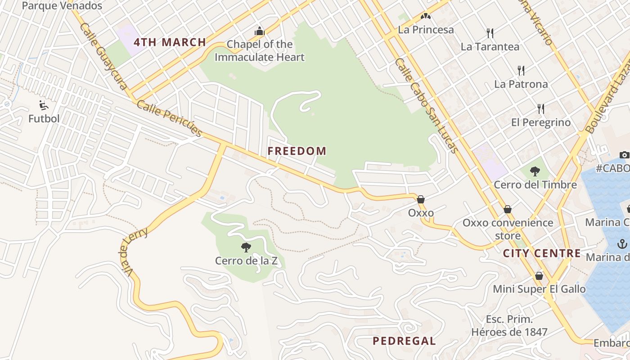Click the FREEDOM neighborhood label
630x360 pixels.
[297, 151]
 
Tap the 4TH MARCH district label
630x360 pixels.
[170, 43]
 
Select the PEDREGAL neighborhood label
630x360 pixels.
[404, 341]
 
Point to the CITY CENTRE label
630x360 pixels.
[542, 253]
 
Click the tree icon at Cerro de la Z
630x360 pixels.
[246, 247]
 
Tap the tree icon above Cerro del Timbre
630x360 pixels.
[535, 171]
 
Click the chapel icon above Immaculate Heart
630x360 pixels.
[260, 31]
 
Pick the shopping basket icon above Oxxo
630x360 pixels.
[421, 199]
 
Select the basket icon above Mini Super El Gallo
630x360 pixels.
[539, 275]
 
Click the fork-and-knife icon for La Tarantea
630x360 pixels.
[490, 33]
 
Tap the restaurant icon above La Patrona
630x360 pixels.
[521, 70]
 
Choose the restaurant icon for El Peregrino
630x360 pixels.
[541, 108]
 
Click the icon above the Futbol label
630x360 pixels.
[44, 105]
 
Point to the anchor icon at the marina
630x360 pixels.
[622, 244]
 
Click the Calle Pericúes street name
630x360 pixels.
[169, 118]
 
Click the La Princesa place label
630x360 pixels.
[426, 30]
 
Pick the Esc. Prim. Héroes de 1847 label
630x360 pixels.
[509, 326]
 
